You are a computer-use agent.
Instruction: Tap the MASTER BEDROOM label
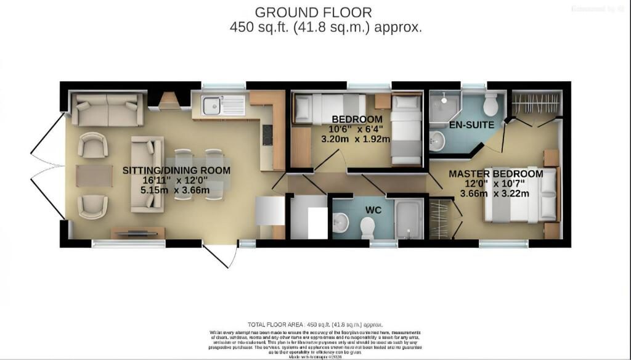(x=495, y=174)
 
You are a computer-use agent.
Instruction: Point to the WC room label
(x=373, y=210)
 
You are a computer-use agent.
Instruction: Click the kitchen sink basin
(x=211, y=106)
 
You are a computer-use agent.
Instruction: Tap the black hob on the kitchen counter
(x=267, y=135)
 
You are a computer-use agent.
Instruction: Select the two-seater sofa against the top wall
(x=108, y=108)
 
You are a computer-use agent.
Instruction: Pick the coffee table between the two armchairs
(x=94, y=174)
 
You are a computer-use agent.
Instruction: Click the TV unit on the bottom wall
(x=138, y=232)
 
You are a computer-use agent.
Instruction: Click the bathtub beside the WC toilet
(x=408, y=220)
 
